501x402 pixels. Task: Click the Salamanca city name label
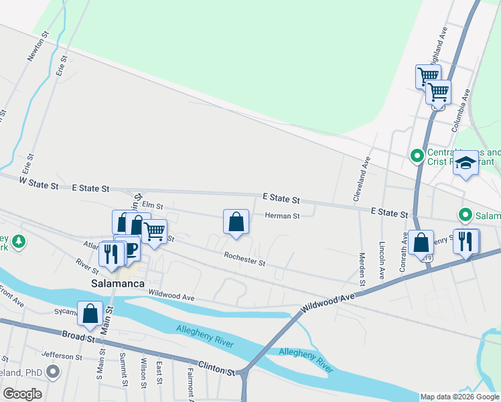(x=118, y=284)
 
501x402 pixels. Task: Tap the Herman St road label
(x=282, y=216)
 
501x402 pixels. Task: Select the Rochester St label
(x=244, y=259)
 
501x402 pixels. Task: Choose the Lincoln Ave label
(x=382, y=260)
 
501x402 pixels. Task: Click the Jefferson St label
(x=61, y=357)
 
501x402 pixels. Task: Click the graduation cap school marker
(x=465, y=163)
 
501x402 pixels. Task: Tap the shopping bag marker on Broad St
(x=90, y=314)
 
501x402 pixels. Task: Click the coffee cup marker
(x=130, y=249)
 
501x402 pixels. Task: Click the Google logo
(x=22, y=394)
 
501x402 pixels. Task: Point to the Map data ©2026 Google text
(x=459, y=397)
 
